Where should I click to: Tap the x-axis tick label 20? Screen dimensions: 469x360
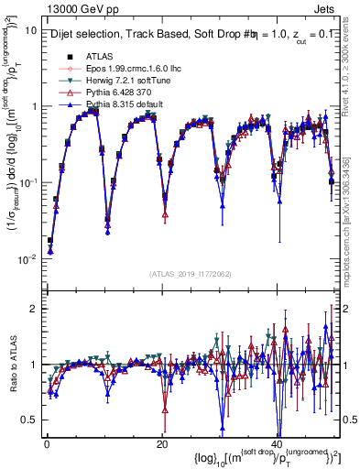pos(162,442)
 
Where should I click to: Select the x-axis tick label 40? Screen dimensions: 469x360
pos(278,442)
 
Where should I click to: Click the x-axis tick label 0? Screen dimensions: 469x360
pos(46,442)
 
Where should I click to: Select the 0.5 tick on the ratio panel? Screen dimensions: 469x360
pos(29,420)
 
